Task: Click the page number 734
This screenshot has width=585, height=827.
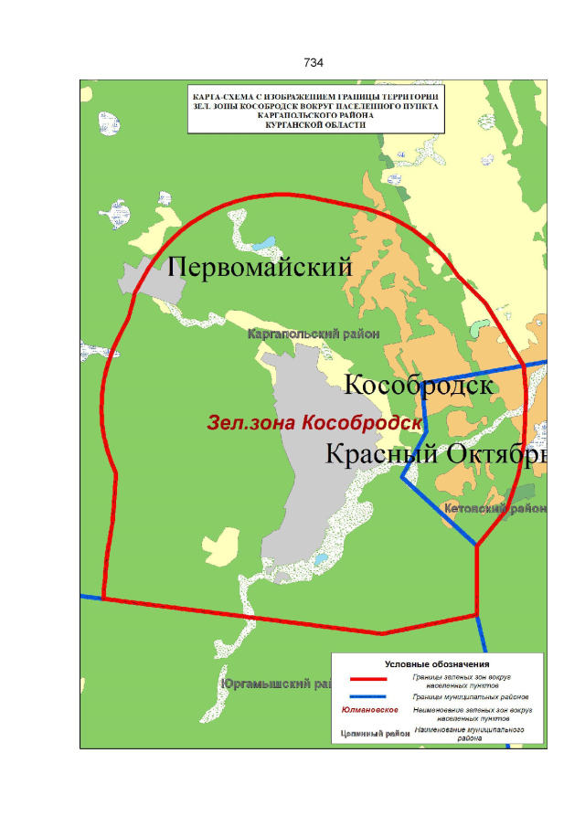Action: tap(314, 63)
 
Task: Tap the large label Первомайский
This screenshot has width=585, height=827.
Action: tap(261, 267)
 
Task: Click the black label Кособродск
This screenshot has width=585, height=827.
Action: tap(419, 386)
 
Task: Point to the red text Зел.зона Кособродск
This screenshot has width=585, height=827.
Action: tap(314, 423)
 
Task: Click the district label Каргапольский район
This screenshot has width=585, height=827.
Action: tap(314, 334)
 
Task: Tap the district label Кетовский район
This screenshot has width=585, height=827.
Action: tap(494, 508)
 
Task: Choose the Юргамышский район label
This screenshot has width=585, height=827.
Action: tap(274, 683)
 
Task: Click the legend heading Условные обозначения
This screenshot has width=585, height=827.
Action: tap(437, 663)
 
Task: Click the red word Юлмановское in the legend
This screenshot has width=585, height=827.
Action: tap(368, 710)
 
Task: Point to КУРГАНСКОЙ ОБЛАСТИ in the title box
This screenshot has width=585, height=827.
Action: tap(314, 126)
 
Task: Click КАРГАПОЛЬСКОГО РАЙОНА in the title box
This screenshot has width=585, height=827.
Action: tap(314, 116)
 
